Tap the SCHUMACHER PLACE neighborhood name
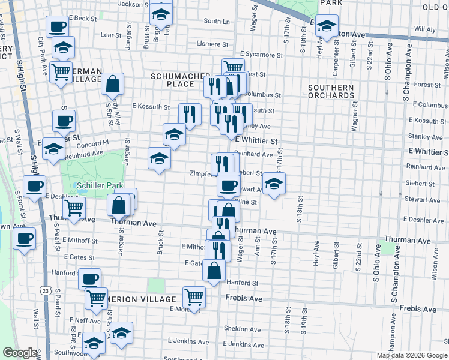(172, 80)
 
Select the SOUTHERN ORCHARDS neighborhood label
(331, 91)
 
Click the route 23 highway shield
(46, 290)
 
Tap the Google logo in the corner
(20, 353)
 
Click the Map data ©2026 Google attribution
(412, 355)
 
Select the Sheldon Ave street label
(241, 329)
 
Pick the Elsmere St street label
(214, 44)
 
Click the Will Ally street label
(424, 29)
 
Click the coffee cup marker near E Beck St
(58, 27)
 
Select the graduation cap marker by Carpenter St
(327, 26)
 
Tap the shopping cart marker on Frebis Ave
(194, 296)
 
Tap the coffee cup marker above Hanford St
(89, 278)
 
